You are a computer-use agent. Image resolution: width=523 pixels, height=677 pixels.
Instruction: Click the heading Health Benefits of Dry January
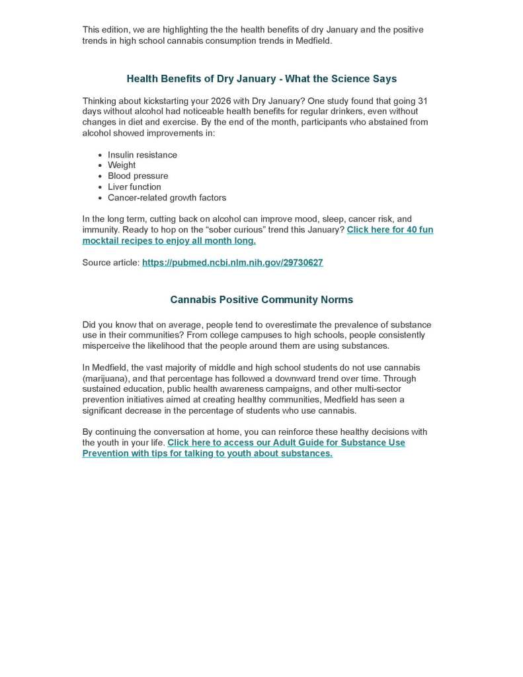coord(261,79)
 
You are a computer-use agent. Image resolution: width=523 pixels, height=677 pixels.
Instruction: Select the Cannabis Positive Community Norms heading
coord(261,300)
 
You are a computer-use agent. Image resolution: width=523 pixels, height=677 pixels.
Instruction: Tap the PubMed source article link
coord(233,263)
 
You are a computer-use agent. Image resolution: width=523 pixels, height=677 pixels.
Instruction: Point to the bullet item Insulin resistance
coord(142,155)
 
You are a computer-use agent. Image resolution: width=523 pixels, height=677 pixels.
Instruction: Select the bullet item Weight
coord(122,165)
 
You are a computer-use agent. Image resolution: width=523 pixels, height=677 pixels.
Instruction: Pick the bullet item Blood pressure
coord(138,176)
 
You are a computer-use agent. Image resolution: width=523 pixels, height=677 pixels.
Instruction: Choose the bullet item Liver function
coord(134,187)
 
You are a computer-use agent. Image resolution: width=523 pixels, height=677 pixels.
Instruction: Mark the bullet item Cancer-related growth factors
coord(167,197)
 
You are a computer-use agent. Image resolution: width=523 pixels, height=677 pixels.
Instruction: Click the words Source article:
coord(110,263)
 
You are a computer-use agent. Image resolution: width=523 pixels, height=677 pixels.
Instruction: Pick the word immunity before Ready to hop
coord(101,230)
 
